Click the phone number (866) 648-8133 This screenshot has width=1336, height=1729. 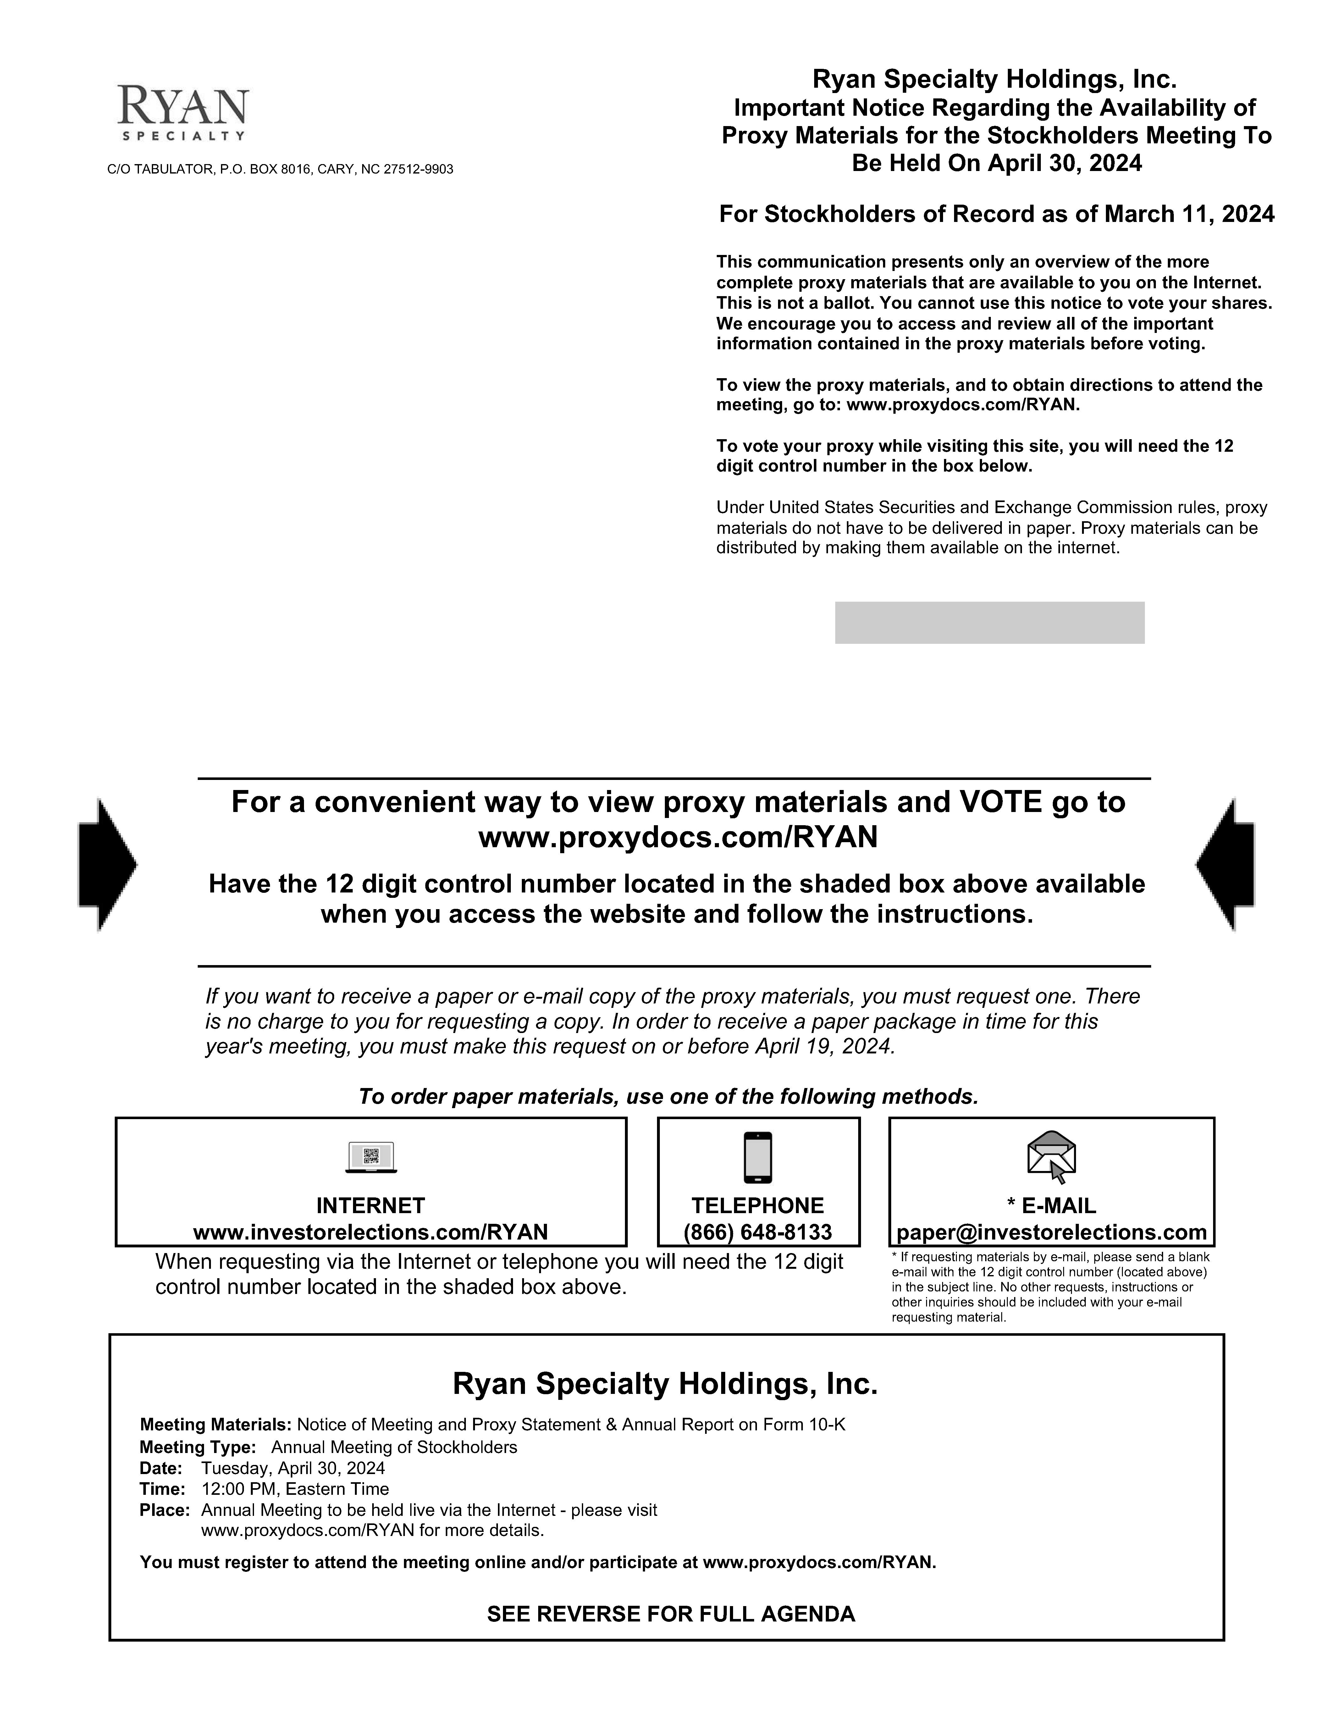point(758,1232)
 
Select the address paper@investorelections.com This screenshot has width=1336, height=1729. point(1051,1232)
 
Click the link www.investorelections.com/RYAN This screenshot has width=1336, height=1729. point(370,1232)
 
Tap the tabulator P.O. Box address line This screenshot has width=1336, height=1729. point(280,169)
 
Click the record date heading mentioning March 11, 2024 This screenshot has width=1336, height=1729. point(996,214)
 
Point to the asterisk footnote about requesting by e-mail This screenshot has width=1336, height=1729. point(1050,1286)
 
